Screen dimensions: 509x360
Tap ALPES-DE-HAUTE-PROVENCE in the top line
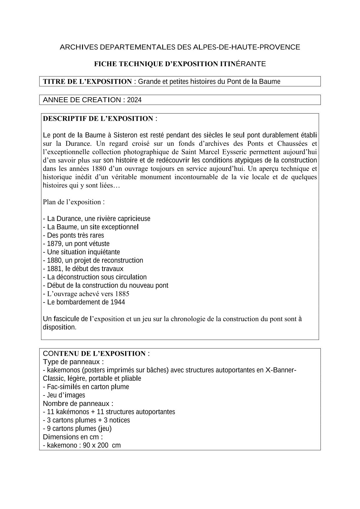click(246, 47)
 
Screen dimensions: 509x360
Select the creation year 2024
click(134, 100)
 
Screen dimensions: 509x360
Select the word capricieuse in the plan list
click(134, 219)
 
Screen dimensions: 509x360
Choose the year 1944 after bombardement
click(118, 302)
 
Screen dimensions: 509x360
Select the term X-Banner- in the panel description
click(280, 370)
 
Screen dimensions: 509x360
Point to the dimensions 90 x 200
click(95, 445)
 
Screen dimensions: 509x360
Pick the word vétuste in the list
click(99, 244)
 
